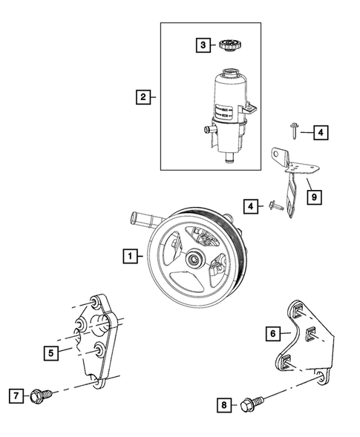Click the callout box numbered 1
click(x=130, y=257)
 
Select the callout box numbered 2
click(x=141, y=96)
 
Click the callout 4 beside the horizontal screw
click(x=253, y=205)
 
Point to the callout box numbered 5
click(x=50, y=353)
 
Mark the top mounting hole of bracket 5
click(x=95, y=303)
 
